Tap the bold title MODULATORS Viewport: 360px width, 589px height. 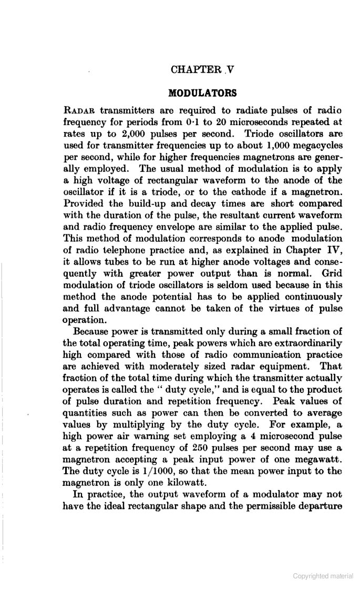point(202,94)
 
